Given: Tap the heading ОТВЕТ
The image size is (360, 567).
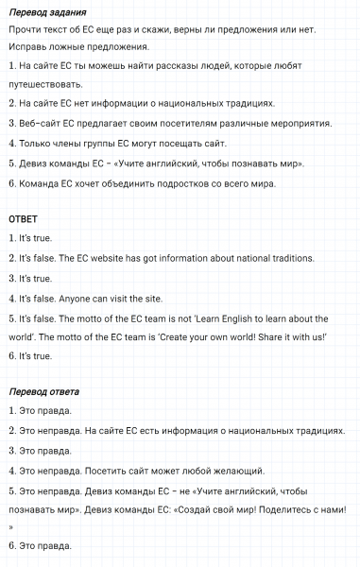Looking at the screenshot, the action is coord(24,219).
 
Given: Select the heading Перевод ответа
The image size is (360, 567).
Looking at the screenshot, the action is coord(43,391).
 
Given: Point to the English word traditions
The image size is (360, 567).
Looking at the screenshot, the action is coord(273,258).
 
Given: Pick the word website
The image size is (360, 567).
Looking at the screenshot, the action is coord(119,258).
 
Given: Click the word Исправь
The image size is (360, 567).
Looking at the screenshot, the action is coord(29,46).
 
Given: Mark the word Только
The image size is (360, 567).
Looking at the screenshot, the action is coord(37,144).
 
